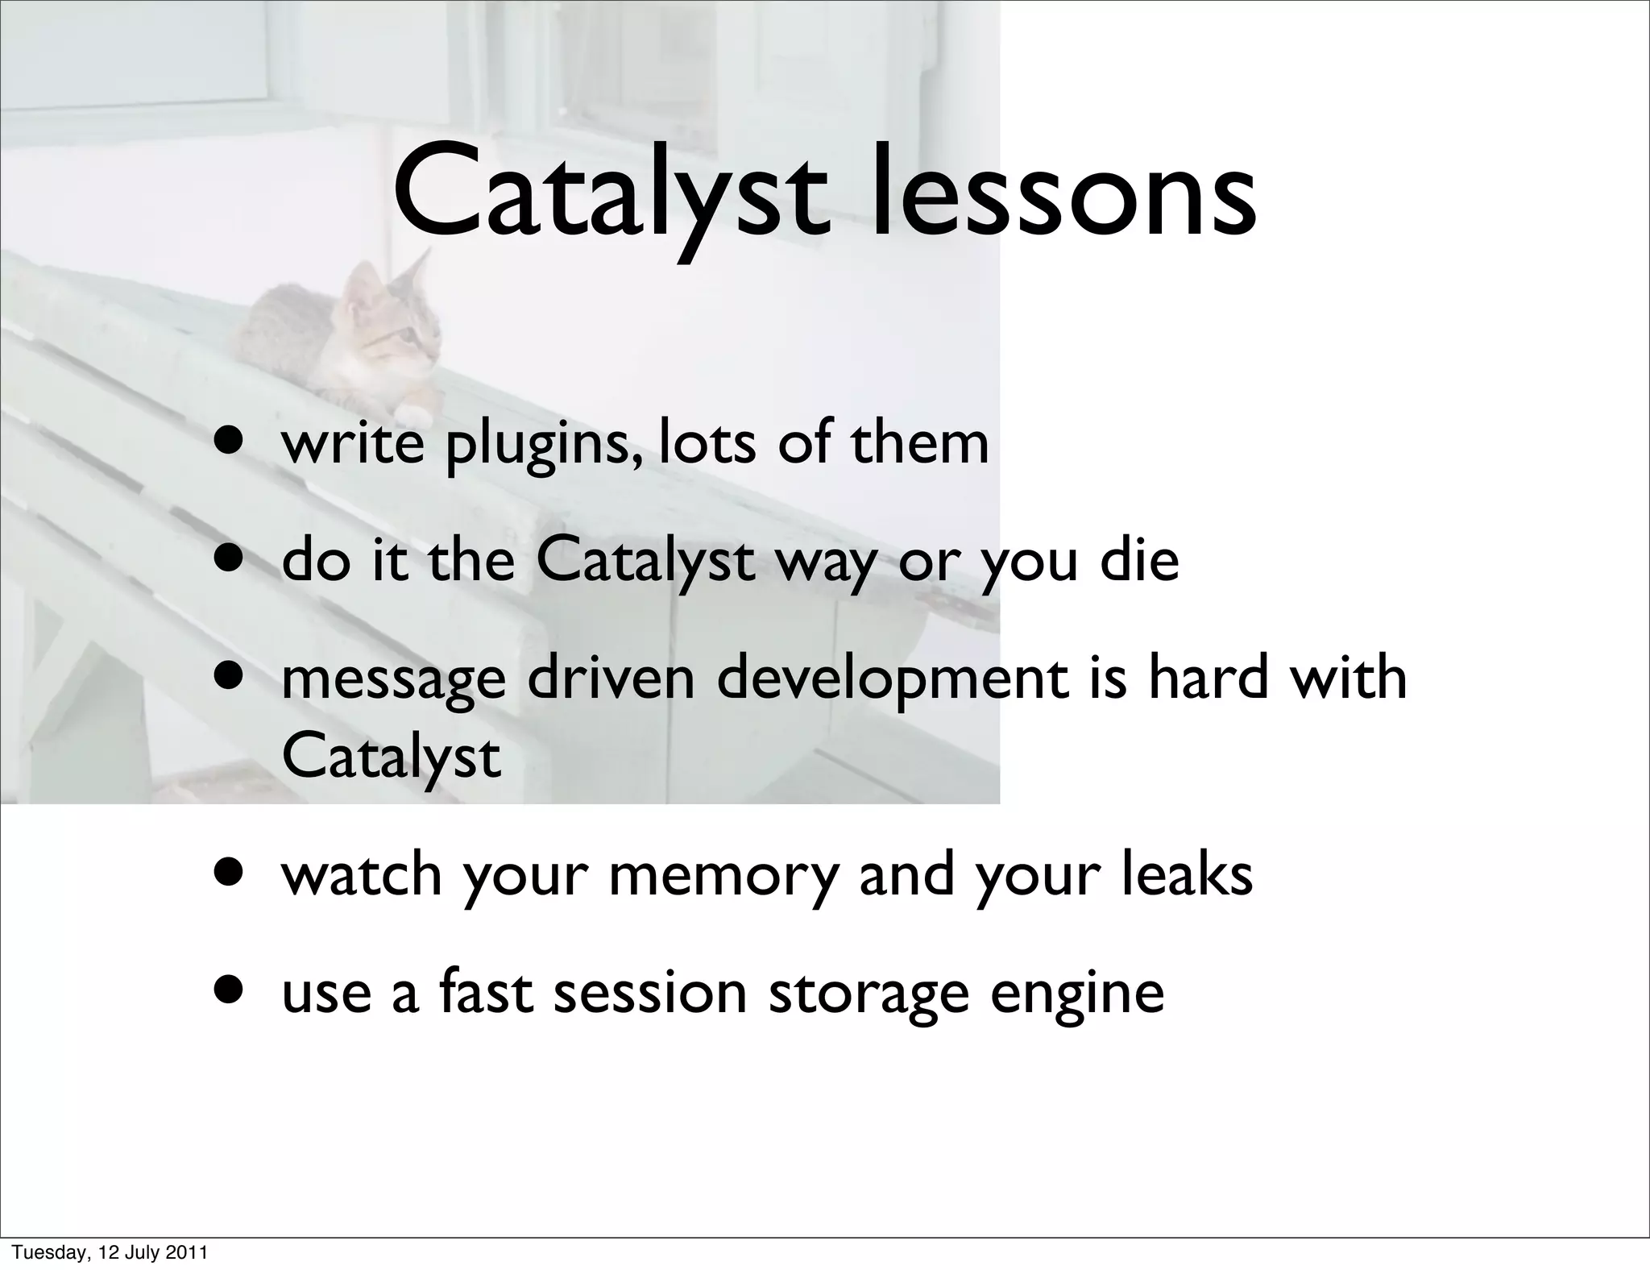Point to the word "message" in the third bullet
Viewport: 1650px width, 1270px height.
click(393, 679)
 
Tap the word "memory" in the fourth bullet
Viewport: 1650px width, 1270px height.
click(723, 876)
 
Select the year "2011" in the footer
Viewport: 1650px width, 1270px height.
click(189, 1251)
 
